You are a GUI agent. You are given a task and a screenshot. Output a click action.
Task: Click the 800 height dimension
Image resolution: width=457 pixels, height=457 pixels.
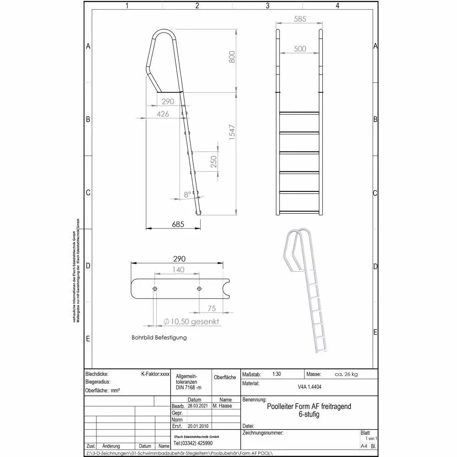click(232, 57)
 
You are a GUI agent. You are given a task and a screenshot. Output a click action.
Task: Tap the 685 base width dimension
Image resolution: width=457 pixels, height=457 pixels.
click(178, 224)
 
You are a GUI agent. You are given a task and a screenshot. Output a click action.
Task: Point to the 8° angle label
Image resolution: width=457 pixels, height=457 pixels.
click(187, 194)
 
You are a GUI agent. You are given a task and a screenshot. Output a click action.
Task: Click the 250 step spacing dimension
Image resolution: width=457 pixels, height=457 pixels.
click(214, 162)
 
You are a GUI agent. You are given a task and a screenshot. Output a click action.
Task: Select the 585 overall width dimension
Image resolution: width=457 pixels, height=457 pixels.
click(299, 20)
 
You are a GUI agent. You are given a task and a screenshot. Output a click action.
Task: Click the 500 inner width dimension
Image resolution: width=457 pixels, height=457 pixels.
click(300, 49)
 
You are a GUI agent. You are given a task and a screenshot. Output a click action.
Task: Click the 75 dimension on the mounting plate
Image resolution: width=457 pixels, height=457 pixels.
click(212, 308)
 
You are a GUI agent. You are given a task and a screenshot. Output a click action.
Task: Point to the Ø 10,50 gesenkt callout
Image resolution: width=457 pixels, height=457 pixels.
click(191, 322)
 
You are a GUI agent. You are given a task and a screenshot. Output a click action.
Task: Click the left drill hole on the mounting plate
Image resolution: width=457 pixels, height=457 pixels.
click(155, 289)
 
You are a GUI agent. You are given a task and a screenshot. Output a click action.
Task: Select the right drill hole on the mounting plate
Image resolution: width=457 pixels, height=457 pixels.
click(199, 289)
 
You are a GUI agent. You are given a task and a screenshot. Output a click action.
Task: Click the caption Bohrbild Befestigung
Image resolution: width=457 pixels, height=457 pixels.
click(159, 338)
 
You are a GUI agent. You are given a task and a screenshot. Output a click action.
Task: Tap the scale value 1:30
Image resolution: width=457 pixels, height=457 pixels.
click(276, 374)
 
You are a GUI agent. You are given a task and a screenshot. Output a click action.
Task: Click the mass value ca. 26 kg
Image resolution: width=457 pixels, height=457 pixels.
click(346, 374)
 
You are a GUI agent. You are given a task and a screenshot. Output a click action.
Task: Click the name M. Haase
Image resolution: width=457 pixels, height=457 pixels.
click(222, 406)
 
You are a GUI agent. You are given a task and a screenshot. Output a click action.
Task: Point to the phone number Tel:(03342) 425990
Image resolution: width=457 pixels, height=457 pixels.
click(193, 443)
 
